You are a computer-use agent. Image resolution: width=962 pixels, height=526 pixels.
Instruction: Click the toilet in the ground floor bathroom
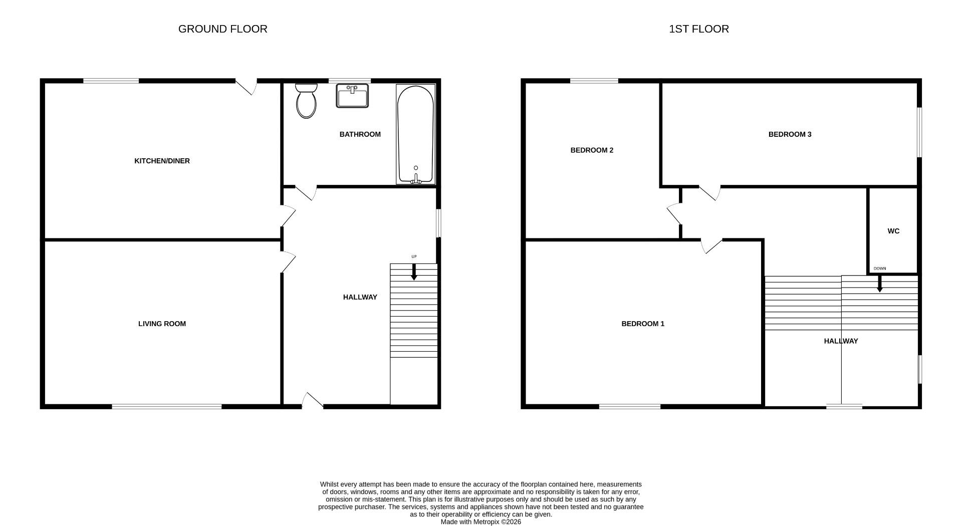click(x=306, y=102)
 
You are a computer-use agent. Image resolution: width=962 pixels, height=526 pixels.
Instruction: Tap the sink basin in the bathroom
click(x=352, y=96)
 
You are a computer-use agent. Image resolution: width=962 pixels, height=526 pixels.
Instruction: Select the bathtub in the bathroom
click(x=415, y=134)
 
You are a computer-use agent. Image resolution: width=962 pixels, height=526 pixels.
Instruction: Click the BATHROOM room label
click(x=360, y=134)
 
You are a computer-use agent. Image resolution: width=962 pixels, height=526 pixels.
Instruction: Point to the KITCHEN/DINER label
click(x=162, y=161)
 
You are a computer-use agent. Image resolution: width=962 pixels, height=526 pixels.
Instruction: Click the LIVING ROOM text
click(x=162, y=324)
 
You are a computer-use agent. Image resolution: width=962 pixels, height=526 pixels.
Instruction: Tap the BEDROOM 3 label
click(x=790, y=134)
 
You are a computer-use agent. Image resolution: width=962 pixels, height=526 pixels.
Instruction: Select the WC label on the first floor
click(x=893, y=231)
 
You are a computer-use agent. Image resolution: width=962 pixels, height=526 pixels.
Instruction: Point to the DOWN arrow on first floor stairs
click(x=879, y=284)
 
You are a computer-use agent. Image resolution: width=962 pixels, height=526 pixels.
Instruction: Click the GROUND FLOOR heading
click(x=222, y=29)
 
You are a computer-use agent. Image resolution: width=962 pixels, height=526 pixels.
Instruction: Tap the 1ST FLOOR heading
click(x=698, y=29)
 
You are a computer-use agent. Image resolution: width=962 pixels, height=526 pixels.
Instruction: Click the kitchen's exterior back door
click(x=247, y=87)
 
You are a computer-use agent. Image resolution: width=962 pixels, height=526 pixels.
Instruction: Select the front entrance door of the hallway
click(x=313, y=400)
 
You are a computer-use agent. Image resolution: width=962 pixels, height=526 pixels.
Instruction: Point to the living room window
click(x=166, y=406)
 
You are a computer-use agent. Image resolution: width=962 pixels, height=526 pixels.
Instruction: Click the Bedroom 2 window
click(x=594, y=81)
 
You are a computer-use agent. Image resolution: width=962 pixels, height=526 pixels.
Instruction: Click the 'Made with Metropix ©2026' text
click(x=480, y=521)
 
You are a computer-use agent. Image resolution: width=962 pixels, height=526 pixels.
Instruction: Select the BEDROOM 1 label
click(x=642, y=324)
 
